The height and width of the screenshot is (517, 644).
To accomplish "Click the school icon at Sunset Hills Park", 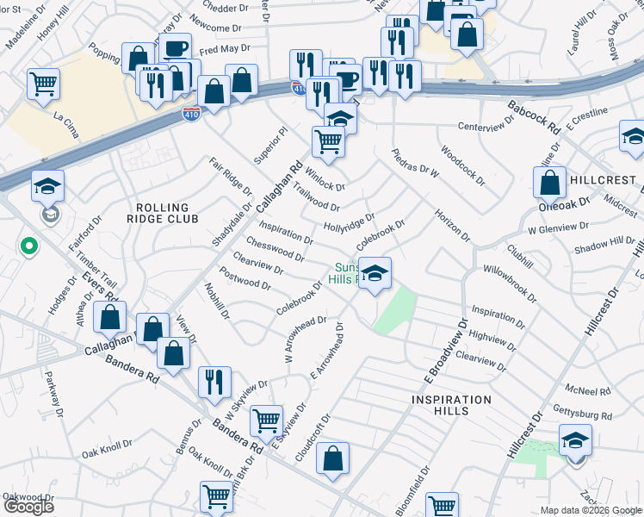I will pyautogui.click(x=375, y=273).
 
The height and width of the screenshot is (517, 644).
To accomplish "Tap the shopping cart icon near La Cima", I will pyautogui.click(x=43, y=84).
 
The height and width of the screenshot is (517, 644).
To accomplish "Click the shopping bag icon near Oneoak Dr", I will pyautogui.click(x=549, y=182).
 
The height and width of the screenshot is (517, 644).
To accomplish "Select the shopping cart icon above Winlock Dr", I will pyautogui.click(x=328, y=140).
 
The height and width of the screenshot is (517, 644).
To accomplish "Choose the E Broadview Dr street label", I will pyautogui.click(x=454, y=345).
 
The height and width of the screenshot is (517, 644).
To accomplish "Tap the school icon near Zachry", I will pyautogui.click(x=575, y=439).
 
